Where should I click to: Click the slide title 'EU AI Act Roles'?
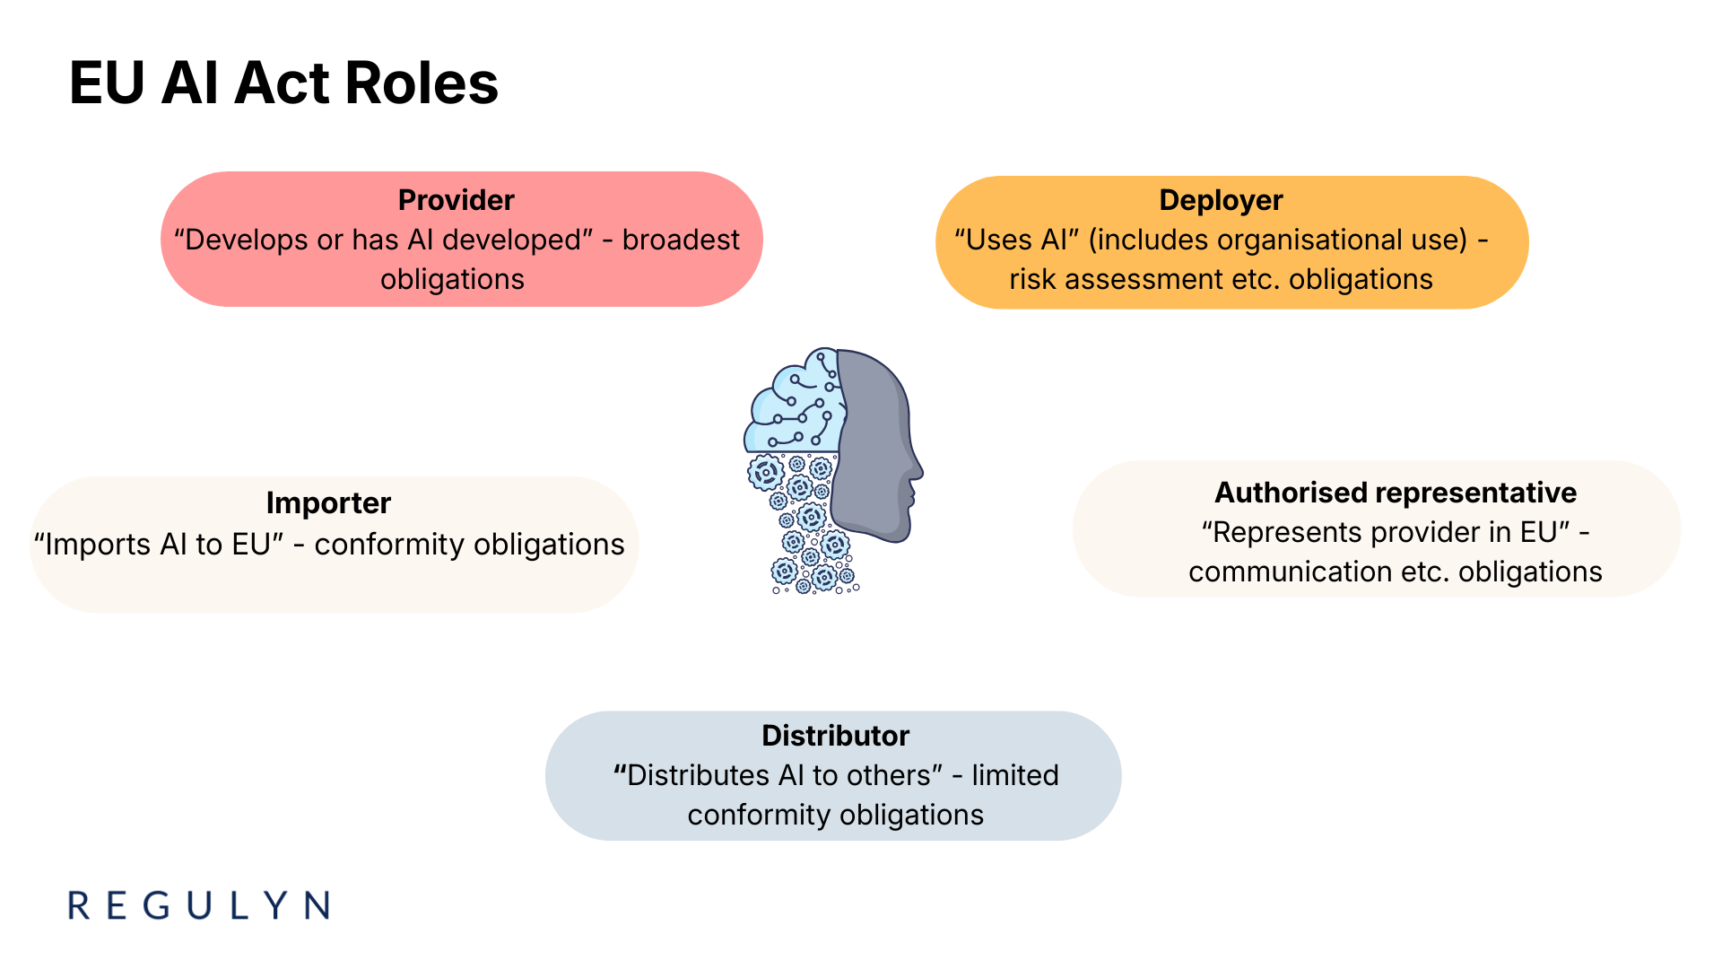click(283, 83)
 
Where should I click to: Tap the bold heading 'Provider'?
click(456, 200)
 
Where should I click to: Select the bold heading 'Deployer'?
click(1221, 200)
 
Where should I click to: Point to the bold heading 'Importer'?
click(328, 503)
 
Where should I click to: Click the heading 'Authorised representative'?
click(1395, 493)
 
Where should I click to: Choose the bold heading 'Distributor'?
click(835, 736)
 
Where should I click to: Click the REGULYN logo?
click(199, 905)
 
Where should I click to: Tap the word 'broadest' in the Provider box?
click(681, 240)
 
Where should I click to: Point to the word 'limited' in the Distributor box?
click(1014, 775)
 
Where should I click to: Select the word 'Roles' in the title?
click(421, 83)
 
